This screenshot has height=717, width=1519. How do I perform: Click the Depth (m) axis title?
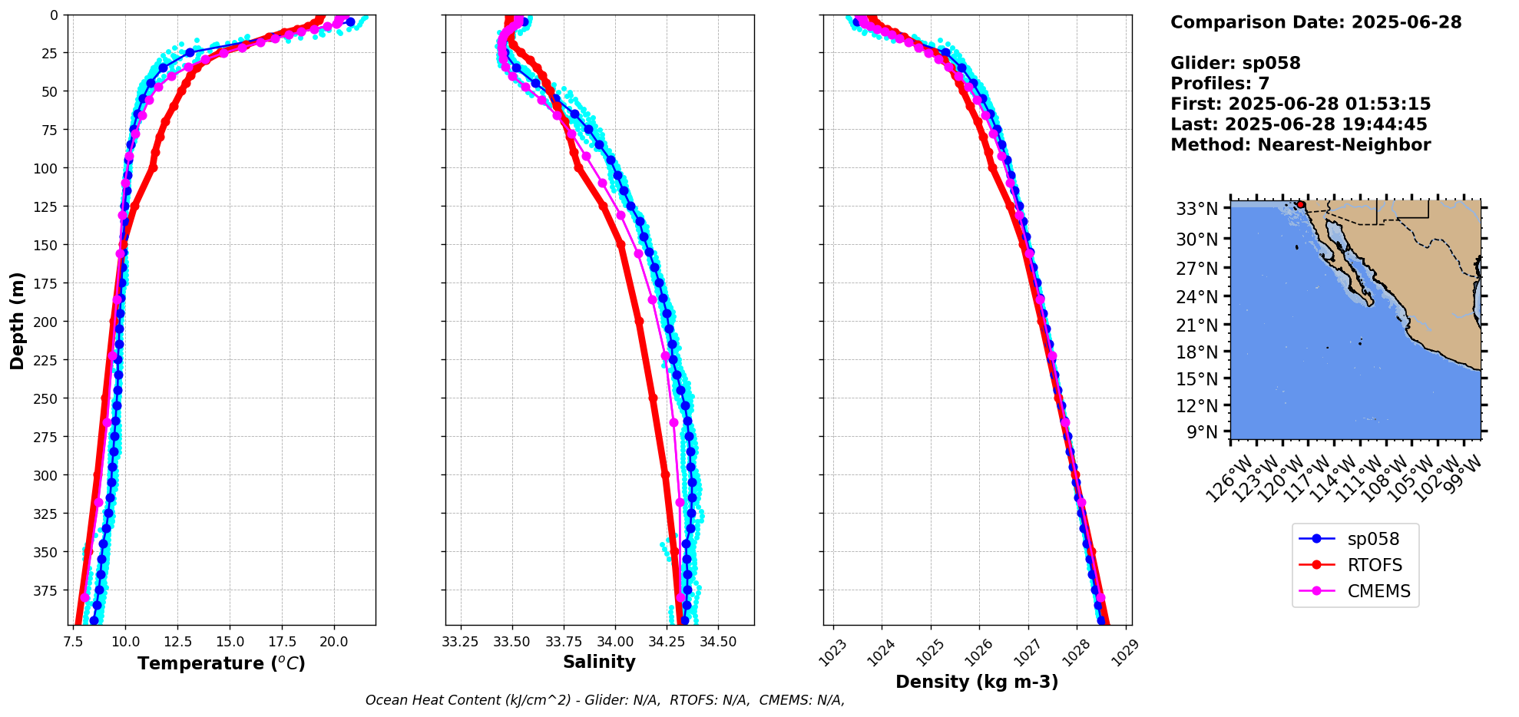(17, 320)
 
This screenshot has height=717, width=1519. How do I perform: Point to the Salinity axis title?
(599, 662)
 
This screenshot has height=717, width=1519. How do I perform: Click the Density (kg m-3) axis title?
(977, 682)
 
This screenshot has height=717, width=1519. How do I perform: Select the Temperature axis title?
(221, 663)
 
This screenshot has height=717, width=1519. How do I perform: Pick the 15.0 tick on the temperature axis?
(229, 642)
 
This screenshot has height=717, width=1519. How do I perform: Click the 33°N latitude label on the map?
(1197, 209)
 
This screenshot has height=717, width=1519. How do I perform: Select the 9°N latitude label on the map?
(1203, 432)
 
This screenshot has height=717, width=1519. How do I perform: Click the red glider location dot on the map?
(1301, 205)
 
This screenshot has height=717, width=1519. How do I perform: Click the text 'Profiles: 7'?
(1220, 84)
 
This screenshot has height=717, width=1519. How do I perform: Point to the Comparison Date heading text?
(1315, 22)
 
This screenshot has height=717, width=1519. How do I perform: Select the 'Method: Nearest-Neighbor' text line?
(1300, 145)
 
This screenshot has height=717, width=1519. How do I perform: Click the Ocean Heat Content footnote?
(605, 700)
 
